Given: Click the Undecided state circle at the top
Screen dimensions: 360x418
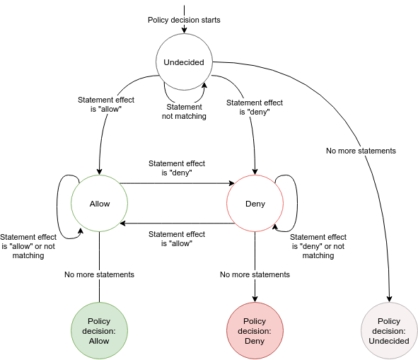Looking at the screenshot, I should [184, 62].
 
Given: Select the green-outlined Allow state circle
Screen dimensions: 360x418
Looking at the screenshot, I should [100, 204].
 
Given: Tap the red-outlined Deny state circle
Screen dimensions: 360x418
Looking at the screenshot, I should [255, 204].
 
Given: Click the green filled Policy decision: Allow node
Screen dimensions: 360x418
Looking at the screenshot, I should [99, 331].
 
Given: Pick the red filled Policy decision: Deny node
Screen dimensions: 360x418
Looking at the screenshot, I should [255, 331].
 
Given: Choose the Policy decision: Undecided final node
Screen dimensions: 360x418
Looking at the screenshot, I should [389, 331].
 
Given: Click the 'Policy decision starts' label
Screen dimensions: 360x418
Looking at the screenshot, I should [184, 20].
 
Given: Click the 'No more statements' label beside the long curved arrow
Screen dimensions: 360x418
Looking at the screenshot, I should [361, 151].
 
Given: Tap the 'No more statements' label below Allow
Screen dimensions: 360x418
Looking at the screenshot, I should [99, 274].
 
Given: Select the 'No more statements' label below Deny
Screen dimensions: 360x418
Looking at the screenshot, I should [255, 274].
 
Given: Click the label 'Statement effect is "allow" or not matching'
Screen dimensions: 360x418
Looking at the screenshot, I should [28, 246].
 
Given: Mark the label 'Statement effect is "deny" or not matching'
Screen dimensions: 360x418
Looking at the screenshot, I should [318, 246].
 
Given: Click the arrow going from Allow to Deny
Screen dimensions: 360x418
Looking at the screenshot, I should [177, 184].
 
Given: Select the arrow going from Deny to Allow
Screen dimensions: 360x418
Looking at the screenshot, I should [177, 223].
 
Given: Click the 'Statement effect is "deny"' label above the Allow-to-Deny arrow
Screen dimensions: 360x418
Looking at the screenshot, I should [177, 168].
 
